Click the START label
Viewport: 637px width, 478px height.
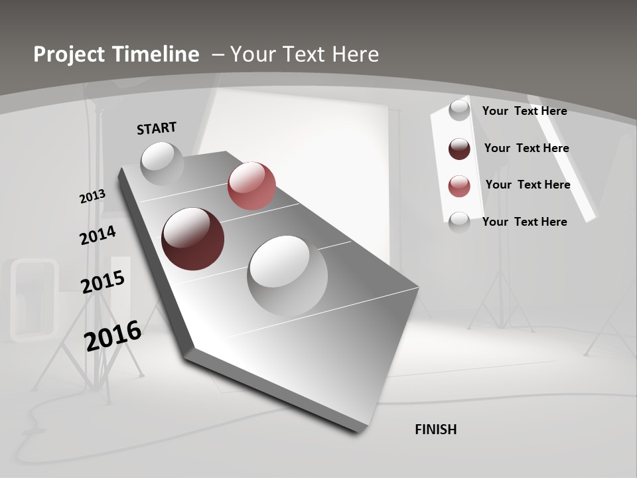click(x=157, y=128)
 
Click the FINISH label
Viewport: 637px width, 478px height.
click(x=435, y=430)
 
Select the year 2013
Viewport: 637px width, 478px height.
click(x=92, y=197)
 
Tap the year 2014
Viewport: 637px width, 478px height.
click(x=98, y=236)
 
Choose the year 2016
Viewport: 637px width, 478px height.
click(x=113, y=336)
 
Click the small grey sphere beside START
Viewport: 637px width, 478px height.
click(x=162, y=163)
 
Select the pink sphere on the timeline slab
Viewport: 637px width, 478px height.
click(x=251, y=186)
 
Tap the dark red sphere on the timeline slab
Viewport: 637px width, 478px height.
click(x=192, y=239)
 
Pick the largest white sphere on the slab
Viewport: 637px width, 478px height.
click(x=287, y=276)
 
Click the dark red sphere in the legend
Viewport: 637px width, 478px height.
click(x=459, y=149)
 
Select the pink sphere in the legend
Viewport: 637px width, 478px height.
click(x=459, y=186)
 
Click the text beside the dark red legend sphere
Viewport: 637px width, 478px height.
click(x=526, y=148)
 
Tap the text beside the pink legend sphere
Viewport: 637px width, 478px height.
click(x=528, y=185)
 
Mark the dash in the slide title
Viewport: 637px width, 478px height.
click(x=218, y=54)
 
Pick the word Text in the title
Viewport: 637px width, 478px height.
click(x=301, y=54)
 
